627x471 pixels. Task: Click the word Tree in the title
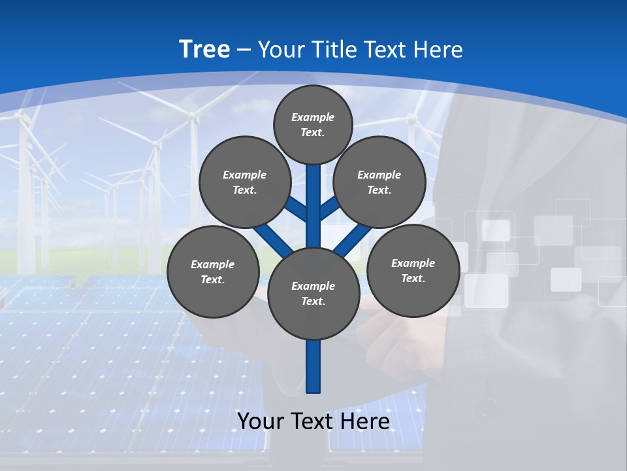pyautogui.click(x=204, y=49)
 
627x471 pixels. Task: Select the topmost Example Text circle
pyautogui.click(x=313, y=124)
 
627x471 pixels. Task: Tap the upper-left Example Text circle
pyautogui.click(x=244, y=182)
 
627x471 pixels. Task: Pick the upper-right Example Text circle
pyautogui.click(x=379, y=182)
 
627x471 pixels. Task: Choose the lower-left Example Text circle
pyautogui.click(x=213, y=271)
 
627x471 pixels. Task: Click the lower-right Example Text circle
pyautogui.click(x=413, y=270)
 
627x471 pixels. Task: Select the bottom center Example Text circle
pyautogui.click(x=313, y=293)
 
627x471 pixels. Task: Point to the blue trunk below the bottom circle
pyautogui.click(x=313, y=366)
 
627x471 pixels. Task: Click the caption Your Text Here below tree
pyautogui.click(x=313, y=421)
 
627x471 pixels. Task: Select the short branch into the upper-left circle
pyautogui.click(x=297, y=209)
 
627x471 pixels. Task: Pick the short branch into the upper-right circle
pyautogui.click(x=329, y=209)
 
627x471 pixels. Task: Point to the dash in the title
pyautogui.click(x=244, y=50)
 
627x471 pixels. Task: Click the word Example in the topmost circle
pyautogui.click(x=313, y=117)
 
